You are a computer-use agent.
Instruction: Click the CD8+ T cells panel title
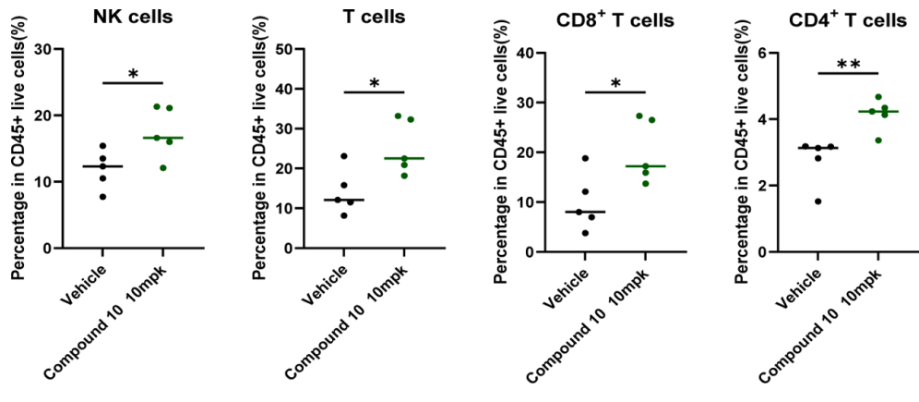(617, 20)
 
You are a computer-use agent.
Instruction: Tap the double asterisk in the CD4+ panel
(848, 66)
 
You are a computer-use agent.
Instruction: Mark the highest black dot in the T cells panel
(343, 156)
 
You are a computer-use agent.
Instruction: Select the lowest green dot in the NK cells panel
(163, 168)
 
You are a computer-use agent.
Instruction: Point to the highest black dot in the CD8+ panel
(585, 158)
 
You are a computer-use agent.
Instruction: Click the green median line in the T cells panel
(404, 159)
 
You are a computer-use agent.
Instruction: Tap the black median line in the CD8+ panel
(585, 212)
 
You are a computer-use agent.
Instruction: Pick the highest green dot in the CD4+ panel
(878, 97)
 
